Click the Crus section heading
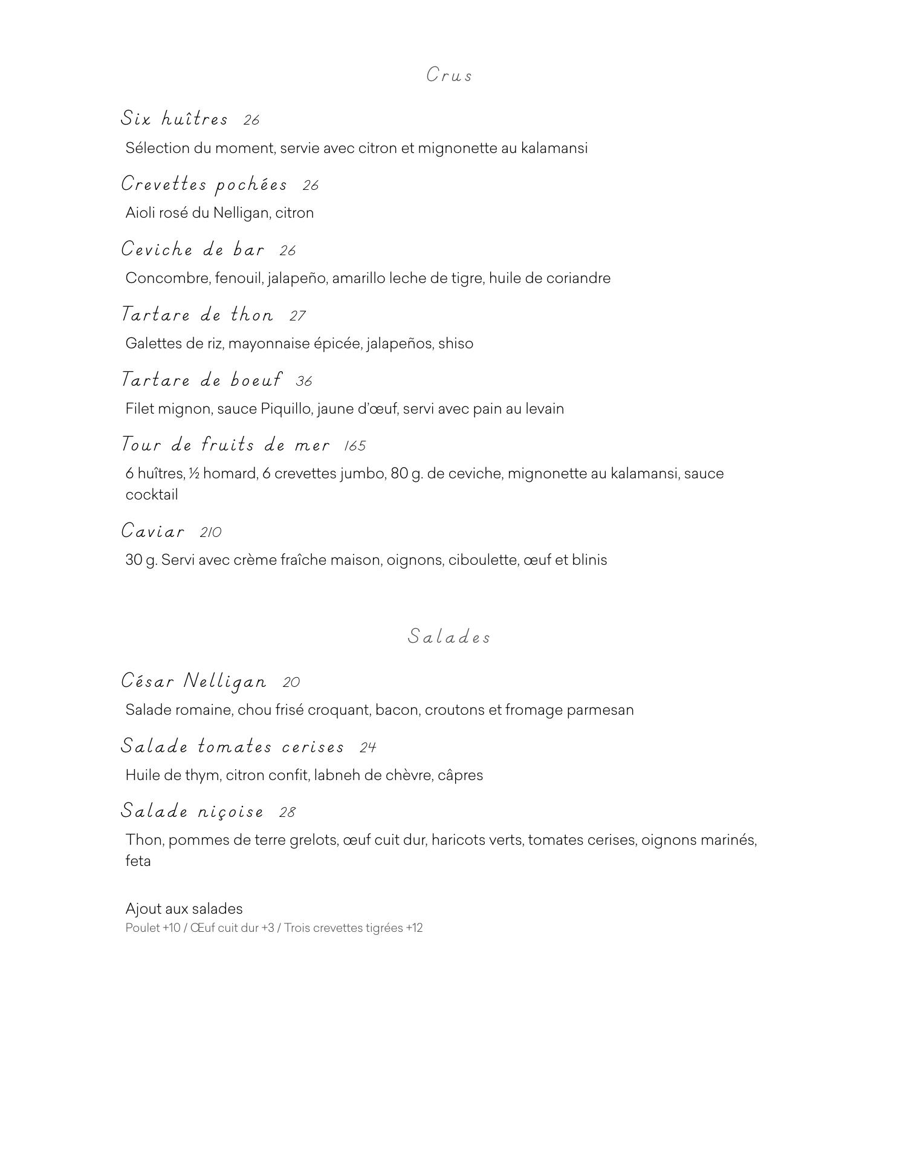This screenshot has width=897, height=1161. (448, 75)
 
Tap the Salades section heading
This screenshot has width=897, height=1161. (448, 637)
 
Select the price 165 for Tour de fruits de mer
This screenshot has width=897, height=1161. (355, 446)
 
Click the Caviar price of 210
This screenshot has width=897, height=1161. (210, 532)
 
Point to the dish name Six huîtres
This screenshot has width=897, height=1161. (174, 118)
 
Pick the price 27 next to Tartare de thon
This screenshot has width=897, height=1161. (297, 316)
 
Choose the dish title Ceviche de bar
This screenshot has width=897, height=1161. (193, 249)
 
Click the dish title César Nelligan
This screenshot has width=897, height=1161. (193, 681)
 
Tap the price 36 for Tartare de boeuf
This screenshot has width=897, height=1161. (304, 381)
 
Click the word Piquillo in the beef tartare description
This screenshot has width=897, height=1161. (286, 409)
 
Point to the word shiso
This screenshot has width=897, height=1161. (456, 343)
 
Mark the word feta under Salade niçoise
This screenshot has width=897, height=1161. (138, 860)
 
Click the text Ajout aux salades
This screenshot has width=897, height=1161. (184, 909)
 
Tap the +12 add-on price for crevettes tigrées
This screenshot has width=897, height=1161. (415, 928)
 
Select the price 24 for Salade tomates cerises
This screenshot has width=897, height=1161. (368, 747)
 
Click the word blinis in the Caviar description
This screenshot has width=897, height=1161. (589, 560)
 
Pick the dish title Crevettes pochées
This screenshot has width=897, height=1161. (204, 184)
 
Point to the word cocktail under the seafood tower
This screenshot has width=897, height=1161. (152, 495)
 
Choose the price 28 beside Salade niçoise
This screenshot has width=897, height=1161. (287, 812)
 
